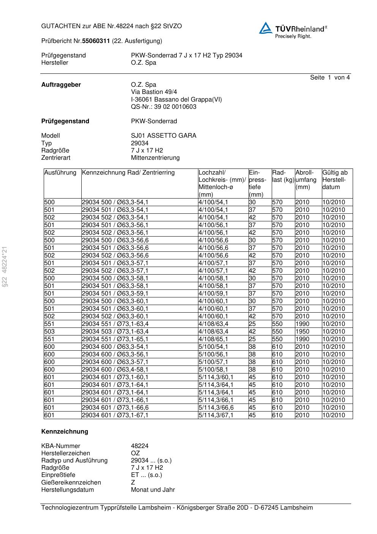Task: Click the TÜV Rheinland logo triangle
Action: [266, 28]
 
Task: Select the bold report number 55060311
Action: [96, 41]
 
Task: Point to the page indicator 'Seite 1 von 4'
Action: [329, 78]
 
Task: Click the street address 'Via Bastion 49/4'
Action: [154, 92]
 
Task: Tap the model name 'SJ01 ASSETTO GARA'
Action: [163, 136]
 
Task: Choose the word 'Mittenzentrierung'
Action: [155, 158]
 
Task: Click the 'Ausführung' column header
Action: [60, 173]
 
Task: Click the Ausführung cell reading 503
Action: [49, 332]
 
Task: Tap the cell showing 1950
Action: [302, 332]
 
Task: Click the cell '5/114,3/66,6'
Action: [216, 408]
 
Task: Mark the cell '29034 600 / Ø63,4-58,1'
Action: [115, 370]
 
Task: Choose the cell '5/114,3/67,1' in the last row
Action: [216, 415]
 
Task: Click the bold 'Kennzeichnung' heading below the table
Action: [65, 432]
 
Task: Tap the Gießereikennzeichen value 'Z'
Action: [133, 483]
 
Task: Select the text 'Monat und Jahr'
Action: [153, 490]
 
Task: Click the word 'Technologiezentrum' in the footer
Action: [70, 508]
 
